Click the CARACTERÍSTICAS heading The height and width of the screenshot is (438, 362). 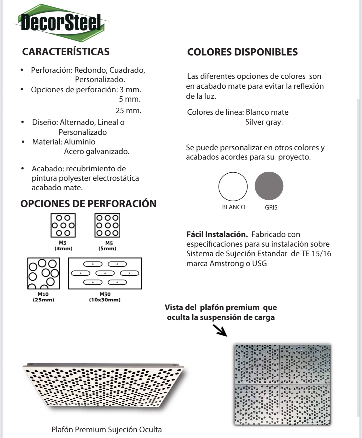[66, 52]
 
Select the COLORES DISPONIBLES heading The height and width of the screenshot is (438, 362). [242, 52]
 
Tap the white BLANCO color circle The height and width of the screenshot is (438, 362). [233, 186]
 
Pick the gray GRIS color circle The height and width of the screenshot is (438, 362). [269, 186]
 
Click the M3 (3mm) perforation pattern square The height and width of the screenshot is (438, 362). [63, 225]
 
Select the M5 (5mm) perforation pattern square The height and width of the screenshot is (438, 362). [107, 225]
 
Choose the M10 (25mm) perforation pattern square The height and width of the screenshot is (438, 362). [44, 273]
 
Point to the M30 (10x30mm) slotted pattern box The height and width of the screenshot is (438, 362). [105, 273]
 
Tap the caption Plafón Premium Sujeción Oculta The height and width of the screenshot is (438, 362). [107, 429]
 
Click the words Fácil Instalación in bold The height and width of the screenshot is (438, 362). [217, 234]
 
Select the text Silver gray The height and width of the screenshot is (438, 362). [264, 122]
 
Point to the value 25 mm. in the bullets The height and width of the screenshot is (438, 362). [128, 111]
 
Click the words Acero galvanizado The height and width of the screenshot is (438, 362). [97, 151]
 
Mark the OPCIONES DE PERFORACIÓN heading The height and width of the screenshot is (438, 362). [88, 204]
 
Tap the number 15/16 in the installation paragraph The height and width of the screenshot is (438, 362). [321, 253]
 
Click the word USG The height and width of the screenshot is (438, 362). [259, 263]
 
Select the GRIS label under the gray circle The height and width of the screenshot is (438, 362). [271, 207]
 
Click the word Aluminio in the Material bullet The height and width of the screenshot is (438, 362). [80, 142]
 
